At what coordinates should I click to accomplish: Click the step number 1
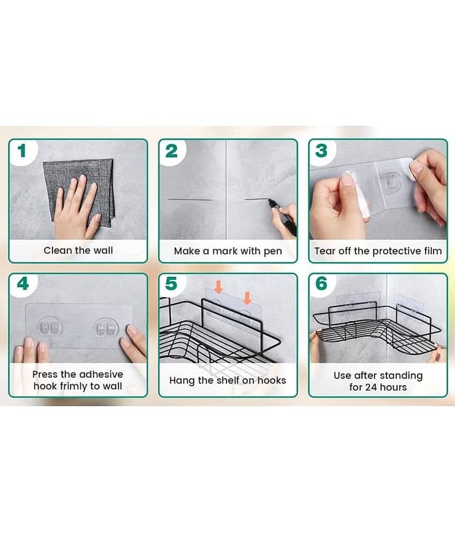click(22, 151)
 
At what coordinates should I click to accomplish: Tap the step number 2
click(172, 151)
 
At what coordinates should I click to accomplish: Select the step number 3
click(322, 151)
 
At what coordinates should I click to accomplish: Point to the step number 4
click(23, 284)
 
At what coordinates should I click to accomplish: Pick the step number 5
click(171, 284)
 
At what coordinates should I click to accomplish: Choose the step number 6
click(322, 284)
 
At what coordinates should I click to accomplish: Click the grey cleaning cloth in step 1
click(79, 191)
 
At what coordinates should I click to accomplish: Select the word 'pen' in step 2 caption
click(273, 252)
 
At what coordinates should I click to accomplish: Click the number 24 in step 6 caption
click(371, 387)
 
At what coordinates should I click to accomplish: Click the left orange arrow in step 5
click(219, 287)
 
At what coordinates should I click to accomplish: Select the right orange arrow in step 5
click(247, 298)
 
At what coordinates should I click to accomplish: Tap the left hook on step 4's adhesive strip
click(50, 327)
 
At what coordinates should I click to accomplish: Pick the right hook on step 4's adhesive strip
click(106, 327)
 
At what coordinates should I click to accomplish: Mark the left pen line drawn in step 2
click(191, 199)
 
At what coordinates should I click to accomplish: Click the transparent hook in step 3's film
click(390, 181)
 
